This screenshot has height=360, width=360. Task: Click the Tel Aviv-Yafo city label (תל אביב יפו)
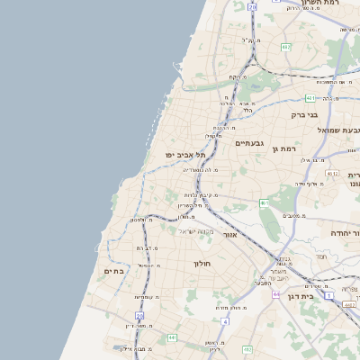[x=181, y=154]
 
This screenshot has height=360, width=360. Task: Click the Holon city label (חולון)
[x=201, y=264]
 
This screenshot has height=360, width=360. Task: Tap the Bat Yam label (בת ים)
[x=113, y=271]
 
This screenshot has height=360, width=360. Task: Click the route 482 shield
[x=286, y=47]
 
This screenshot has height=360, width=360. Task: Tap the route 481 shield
[x=310, y=98]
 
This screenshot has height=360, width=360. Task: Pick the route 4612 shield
[x=332, y=174]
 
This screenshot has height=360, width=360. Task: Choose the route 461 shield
[x=264, y=204]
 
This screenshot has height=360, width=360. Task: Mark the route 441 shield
[x=172, y=337]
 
